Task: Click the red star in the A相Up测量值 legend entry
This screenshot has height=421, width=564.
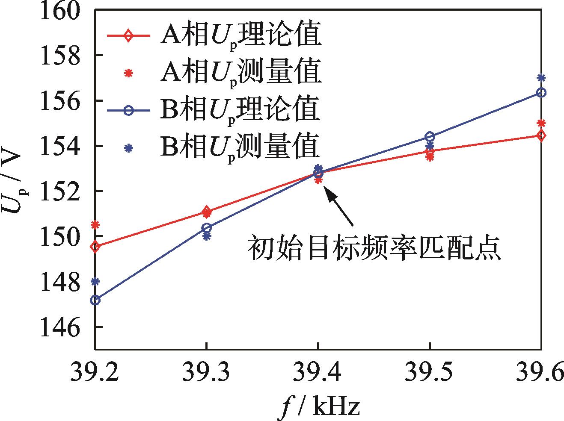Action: pyautogui.click(x=127, y=74)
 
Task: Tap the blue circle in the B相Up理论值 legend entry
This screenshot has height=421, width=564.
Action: pyautogui.click(x=127, y=111)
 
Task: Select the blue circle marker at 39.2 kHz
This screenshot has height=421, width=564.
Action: pyautogui.click(x=95, y=300)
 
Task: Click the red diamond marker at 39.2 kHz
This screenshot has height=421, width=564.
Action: pyautogui.click(x=95, y=247)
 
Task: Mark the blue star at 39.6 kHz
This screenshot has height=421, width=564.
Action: pyautogui.click(x=541, y=78)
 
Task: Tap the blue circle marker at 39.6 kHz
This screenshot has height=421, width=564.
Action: pyautogui.click(x=541, y=92)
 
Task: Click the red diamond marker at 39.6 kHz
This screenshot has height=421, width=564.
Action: pyautogui.click(x=541, y=136)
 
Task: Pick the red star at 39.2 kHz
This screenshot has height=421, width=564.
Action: pyautogui.click(x=95, y=224)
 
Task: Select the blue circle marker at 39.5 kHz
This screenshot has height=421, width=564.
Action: pyautogui.click(x=430, y=137)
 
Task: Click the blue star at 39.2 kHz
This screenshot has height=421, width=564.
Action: pyautogui.click(x=95, y=281)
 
